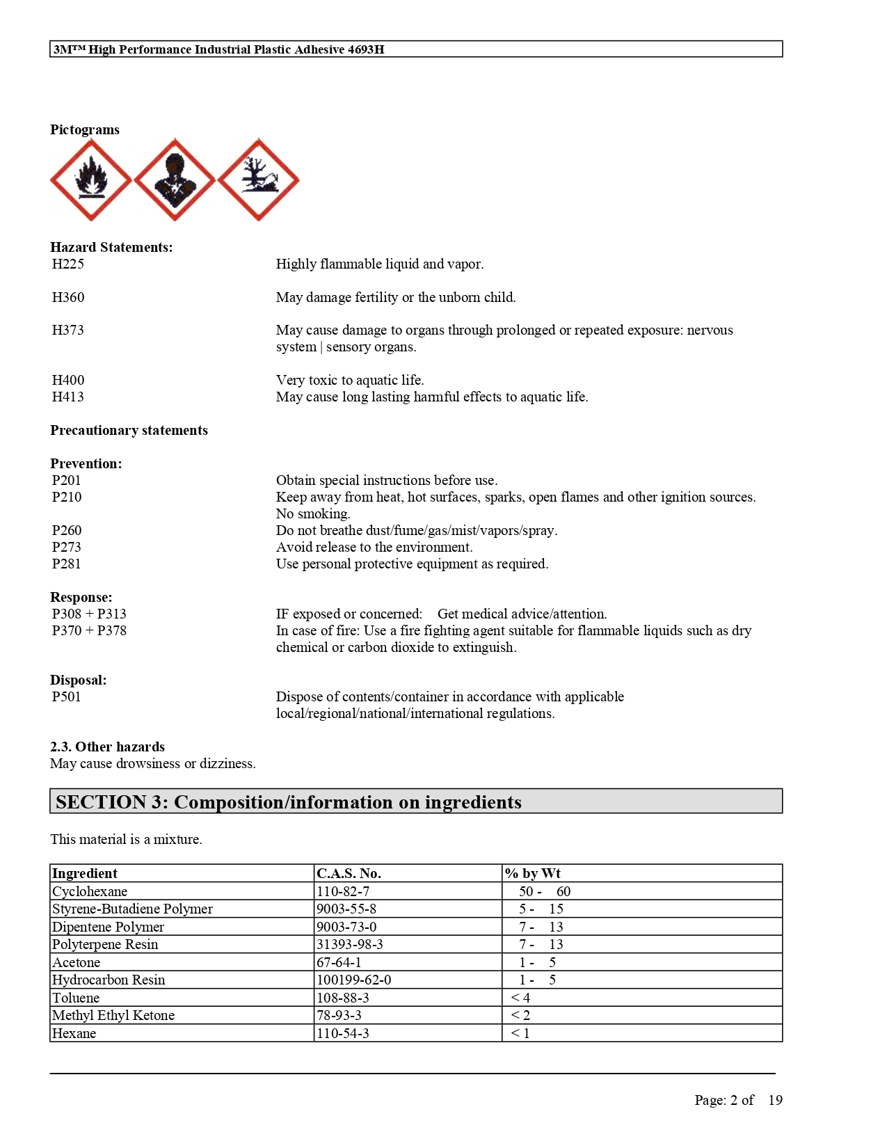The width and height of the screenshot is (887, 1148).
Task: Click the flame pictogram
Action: click(91, 180)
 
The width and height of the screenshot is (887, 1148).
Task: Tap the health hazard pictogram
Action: click(175, 180)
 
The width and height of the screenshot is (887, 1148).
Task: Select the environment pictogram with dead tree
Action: click(258, 180)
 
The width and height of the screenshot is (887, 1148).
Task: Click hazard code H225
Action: click(68, 264)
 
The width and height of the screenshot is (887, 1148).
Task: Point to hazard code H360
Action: click(68, 298)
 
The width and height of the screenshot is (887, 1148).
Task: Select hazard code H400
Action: click(68, 381)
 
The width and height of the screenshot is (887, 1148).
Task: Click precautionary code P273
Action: click(67, 548)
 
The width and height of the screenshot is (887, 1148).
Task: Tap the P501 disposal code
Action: click(67, 697)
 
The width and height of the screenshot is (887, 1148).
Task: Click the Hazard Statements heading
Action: click(111, 248)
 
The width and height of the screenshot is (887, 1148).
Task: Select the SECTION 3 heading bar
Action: click(416, 802)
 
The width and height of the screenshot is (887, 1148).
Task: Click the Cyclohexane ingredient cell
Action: click(90, 892)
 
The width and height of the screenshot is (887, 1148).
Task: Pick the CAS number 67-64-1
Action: click(339, 963)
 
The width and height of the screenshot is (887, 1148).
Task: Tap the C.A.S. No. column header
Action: click(349, 874)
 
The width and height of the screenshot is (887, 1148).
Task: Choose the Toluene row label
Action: click(76, 998)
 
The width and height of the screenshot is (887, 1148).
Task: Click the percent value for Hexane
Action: click(521, 1034)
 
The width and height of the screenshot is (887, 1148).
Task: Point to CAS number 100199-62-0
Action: click(354, 980)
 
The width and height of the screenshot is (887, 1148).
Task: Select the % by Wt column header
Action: click(533, 874)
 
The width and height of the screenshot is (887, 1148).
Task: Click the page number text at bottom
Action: click(738, 1101)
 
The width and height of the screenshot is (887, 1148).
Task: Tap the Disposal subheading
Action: click(79, 680)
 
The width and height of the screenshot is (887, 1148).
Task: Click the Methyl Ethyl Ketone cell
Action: click(113, 1016)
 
